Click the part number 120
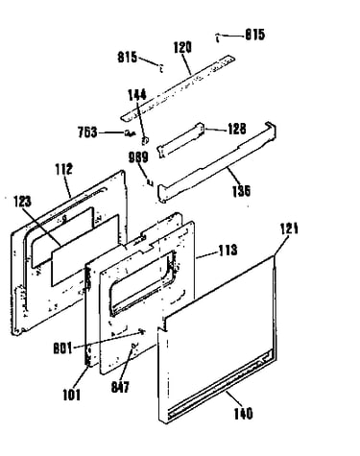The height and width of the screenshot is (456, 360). point(182,47)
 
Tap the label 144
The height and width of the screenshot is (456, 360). point(137,95)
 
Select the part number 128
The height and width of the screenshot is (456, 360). point(237,129)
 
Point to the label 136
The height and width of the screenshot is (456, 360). point(241,191)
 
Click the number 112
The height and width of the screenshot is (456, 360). point(63,169)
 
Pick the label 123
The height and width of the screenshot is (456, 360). point(22,202)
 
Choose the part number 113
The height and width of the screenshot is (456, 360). point(228,250)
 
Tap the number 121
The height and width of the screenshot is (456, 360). point(289,228)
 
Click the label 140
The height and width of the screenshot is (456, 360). point(243,414)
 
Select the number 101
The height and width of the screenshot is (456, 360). point(72,395)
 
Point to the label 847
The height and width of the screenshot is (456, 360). point(120,387)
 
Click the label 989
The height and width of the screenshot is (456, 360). point(138,157)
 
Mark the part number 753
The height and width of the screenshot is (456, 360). point(87,132)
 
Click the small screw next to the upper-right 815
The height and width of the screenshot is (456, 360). point(217,37)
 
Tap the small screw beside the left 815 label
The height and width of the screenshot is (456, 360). point(161,67)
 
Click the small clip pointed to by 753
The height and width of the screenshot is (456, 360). point(130,132)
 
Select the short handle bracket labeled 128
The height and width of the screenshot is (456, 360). point(180,140)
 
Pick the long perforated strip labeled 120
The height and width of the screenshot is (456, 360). point(178,87)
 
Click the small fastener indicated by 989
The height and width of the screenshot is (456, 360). point(150,182)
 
